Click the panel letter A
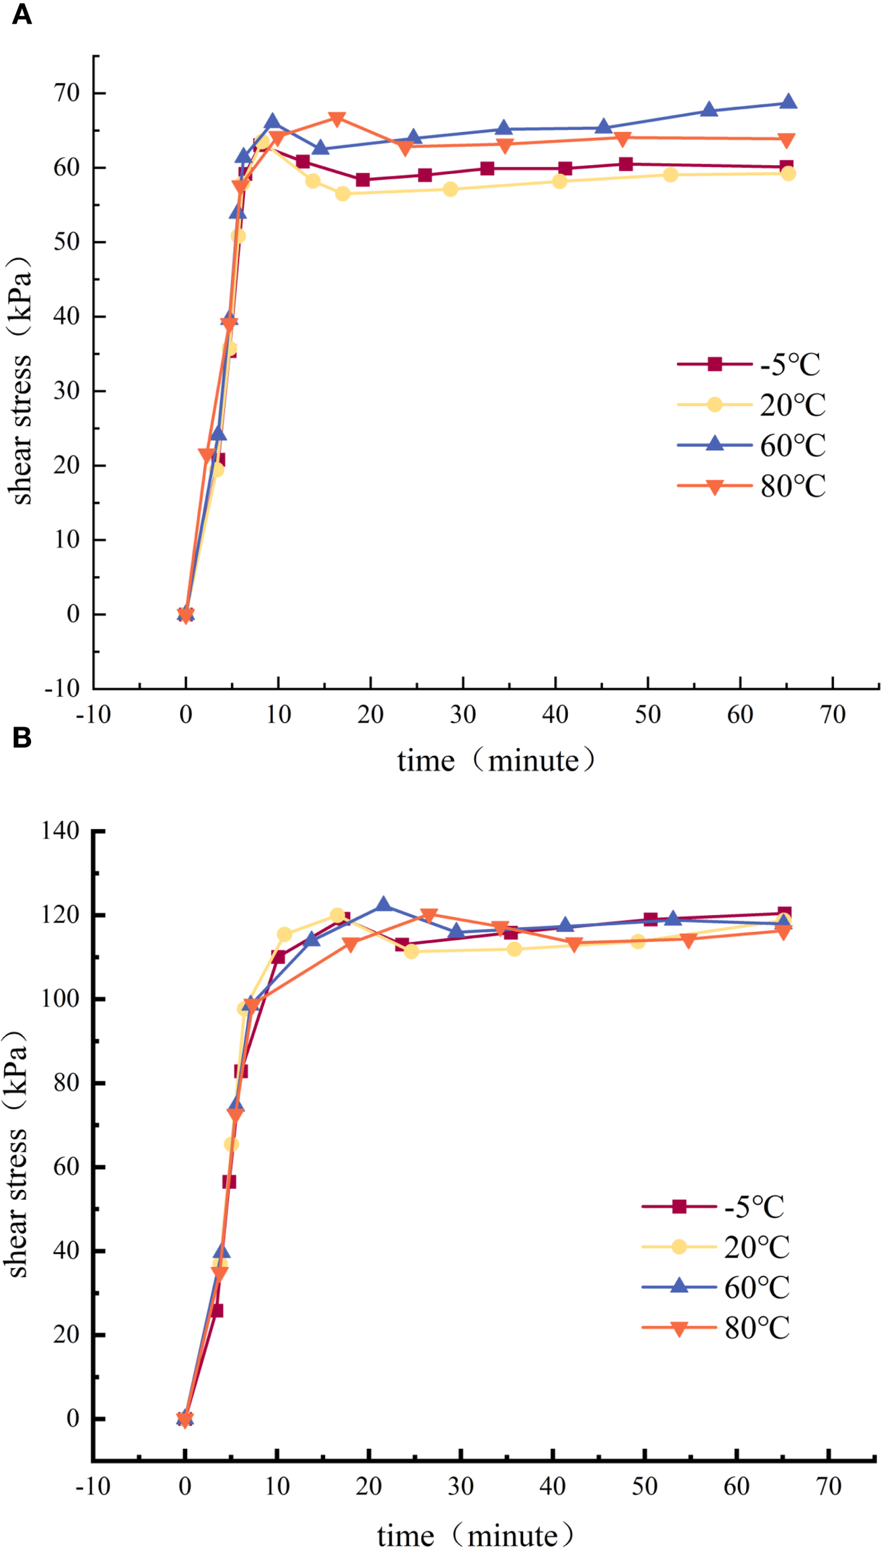22,14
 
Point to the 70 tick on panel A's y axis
67,93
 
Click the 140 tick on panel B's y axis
60,830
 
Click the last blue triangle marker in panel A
788,102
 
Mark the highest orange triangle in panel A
337,119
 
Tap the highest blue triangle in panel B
383,905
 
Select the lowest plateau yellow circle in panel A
342,194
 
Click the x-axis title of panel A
496,760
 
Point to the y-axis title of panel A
20,381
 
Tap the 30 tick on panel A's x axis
462,715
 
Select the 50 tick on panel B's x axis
644,1486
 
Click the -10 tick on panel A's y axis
62,688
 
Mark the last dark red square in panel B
784,913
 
